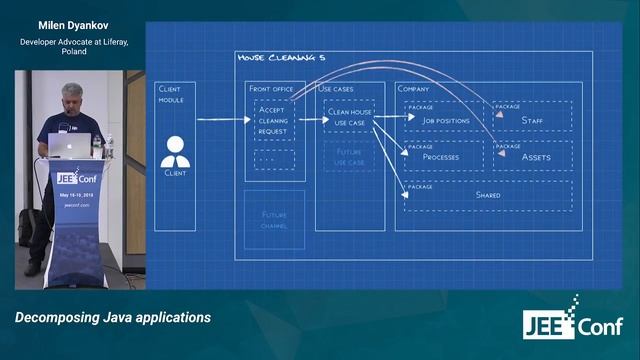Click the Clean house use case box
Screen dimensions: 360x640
(350, 117)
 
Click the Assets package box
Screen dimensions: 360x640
(531, 155)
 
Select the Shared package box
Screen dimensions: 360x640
(487, 194)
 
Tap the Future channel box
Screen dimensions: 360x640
(274, 220)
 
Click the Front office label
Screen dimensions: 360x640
(269, 89)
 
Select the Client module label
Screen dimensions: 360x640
(170, 93)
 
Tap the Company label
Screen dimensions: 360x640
(413, 89)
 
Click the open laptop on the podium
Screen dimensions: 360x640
(67, 144)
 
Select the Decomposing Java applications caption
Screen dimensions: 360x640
(113, 317)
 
